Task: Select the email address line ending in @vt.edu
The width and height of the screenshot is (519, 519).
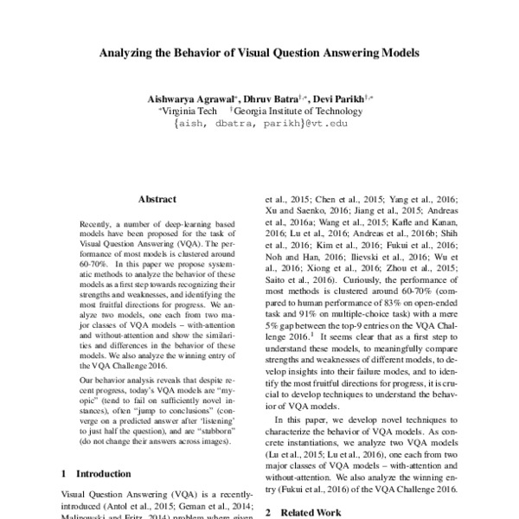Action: click(259, 124)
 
